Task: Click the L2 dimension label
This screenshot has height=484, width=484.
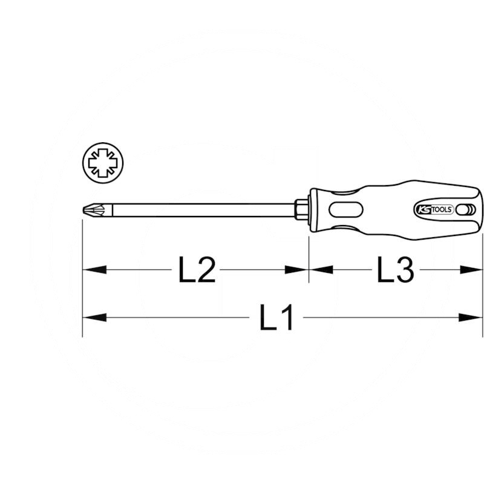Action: click(197, 270)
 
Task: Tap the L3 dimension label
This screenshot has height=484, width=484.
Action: click(395, 270)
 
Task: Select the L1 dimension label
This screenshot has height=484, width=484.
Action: click(277, 317)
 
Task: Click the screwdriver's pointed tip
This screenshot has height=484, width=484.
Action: click(84, 211)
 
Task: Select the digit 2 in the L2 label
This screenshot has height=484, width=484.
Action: click(206, 270)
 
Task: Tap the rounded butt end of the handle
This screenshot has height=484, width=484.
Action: click(481, 210)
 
